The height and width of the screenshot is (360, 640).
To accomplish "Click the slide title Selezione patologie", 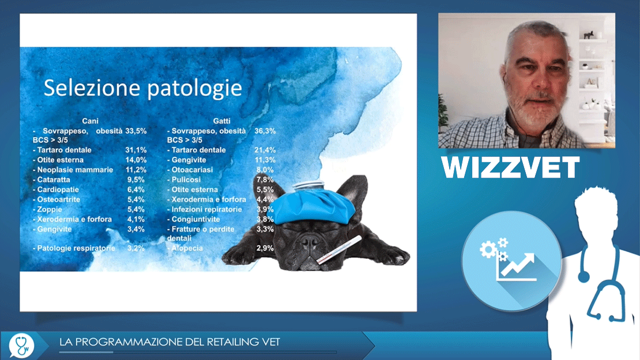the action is tap(143, 88).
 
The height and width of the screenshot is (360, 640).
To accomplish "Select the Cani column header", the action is tap(90, 121).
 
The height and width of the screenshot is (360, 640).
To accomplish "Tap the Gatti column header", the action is tap(221, 121).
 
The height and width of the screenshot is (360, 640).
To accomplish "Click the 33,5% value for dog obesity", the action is tap(136, 131).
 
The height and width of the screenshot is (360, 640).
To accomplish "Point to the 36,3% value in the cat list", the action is tap(265, 131).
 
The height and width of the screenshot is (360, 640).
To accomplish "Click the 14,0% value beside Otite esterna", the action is tap(136, 160).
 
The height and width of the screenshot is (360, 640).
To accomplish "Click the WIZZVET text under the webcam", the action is tap(510, 167).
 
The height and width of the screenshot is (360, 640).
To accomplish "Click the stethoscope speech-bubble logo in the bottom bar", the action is tap(21, 346).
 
